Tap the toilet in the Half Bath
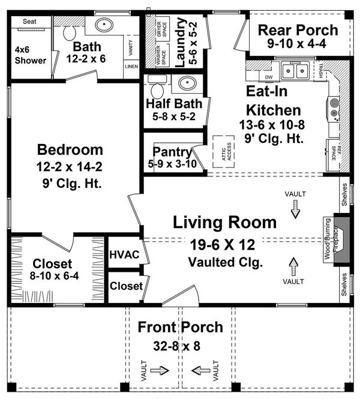click(156, 90)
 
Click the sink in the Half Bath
click(185, 83)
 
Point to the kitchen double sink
click(293, 73)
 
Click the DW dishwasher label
click(269, 77)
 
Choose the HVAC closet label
click(124, 255)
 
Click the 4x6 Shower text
click(29, 55)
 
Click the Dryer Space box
click(161, 28)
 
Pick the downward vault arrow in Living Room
click(295, 209)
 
